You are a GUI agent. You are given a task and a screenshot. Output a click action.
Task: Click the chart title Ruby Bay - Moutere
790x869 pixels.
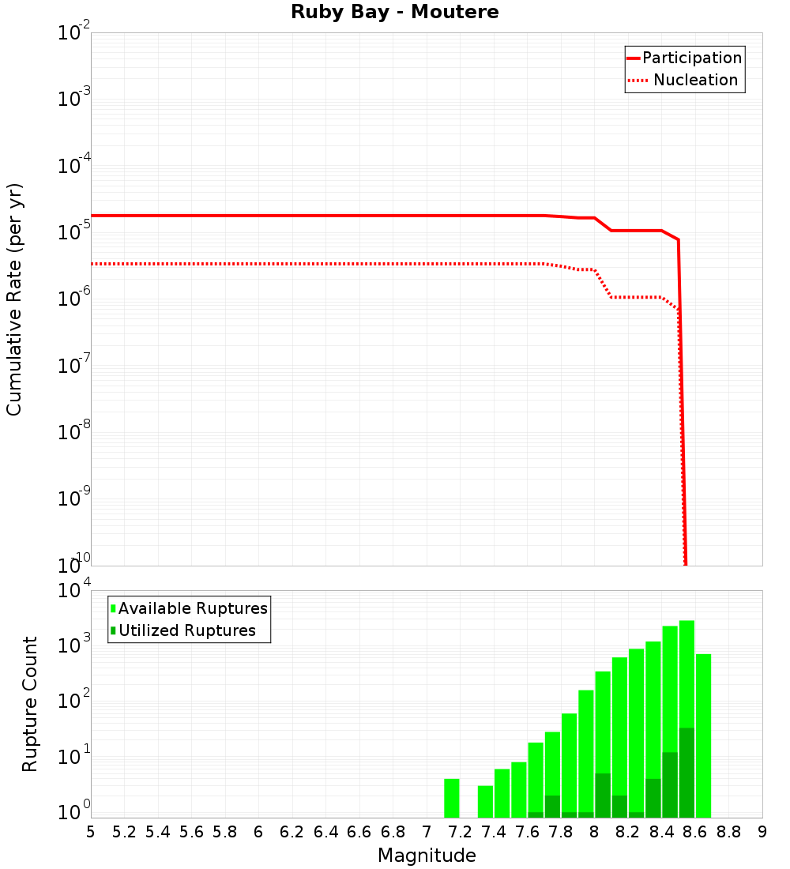pyautogui.click(x=395, y=13)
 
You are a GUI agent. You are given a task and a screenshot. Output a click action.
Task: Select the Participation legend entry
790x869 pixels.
pyautogui.click(x=691, y=58)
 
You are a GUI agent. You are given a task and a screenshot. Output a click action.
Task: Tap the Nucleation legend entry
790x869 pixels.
pyautogui.click(x=694, y=81)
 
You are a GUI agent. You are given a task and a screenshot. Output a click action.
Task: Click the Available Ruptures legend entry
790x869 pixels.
pyautogui.click(x=192, y=609)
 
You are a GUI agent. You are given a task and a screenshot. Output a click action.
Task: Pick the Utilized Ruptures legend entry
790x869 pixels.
pyautogui.click(x=186, y=631)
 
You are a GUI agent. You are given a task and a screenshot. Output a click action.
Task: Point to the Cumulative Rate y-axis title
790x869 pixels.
pyautogui.click(x=14, y=299)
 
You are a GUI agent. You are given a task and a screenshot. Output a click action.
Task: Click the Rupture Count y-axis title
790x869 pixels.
pyautogui.click(x=30, y=704)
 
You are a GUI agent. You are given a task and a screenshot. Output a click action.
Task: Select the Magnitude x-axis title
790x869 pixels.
pyautogui.click(x=427, y=856)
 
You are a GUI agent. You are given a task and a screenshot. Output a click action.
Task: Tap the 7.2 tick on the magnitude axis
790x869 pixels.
pyautogui.click(x=460, y=832)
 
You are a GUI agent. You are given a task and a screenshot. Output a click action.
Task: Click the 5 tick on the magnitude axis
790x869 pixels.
pyautogui.click(x=91, y=832)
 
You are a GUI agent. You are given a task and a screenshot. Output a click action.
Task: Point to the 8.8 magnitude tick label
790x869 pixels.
pyautogui.click(x=728, y=832)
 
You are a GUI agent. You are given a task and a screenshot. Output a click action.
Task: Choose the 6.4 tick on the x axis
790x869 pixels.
pyautogui.click(x=325, y=832)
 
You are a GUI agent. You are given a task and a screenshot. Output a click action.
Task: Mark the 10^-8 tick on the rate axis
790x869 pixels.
pyautogui.click(x=72, y=432)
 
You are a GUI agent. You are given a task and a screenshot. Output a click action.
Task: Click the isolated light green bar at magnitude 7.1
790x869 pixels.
pyautogui.click(x=452, y=798)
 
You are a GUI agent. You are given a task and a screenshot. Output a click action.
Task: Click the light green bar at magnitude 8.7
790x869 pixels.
pyautogui.click(x=703, y=735)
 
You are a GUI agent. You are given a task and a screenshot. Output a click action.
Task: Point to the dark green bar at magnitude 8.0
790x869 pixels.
pyautogui.click(x=603, y=796)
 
